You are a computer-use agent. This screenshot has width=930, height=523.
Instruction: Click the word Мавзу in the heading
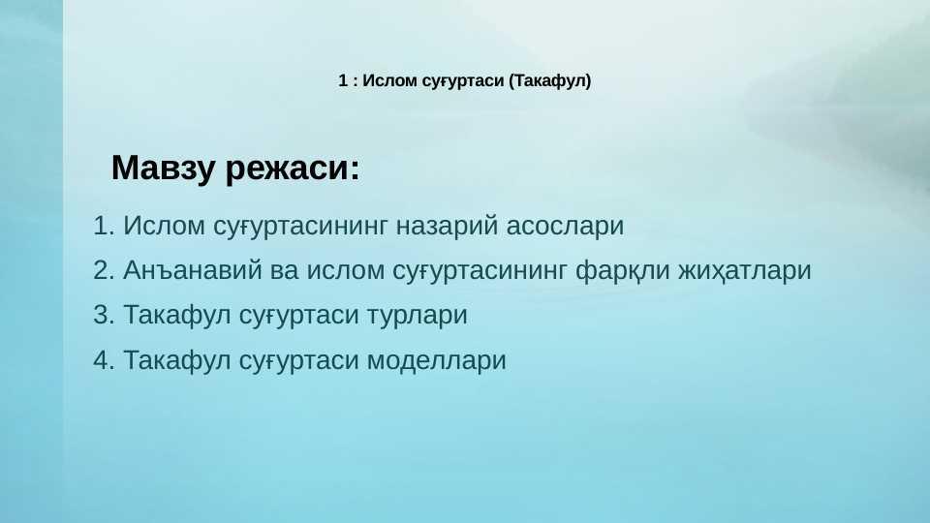pos(163,168)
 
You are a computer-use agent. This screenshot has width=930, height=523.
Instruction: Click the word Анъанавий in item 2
pos(192,270)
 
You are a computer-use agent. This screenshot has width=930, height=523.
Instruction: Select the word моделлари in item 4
pos(437,361)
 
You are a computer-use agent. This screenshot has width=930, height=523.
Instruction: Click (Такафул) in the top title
pos(550,81)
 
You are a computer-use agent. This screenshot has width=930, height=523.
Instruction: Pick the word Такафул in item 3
pos(176,315)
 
